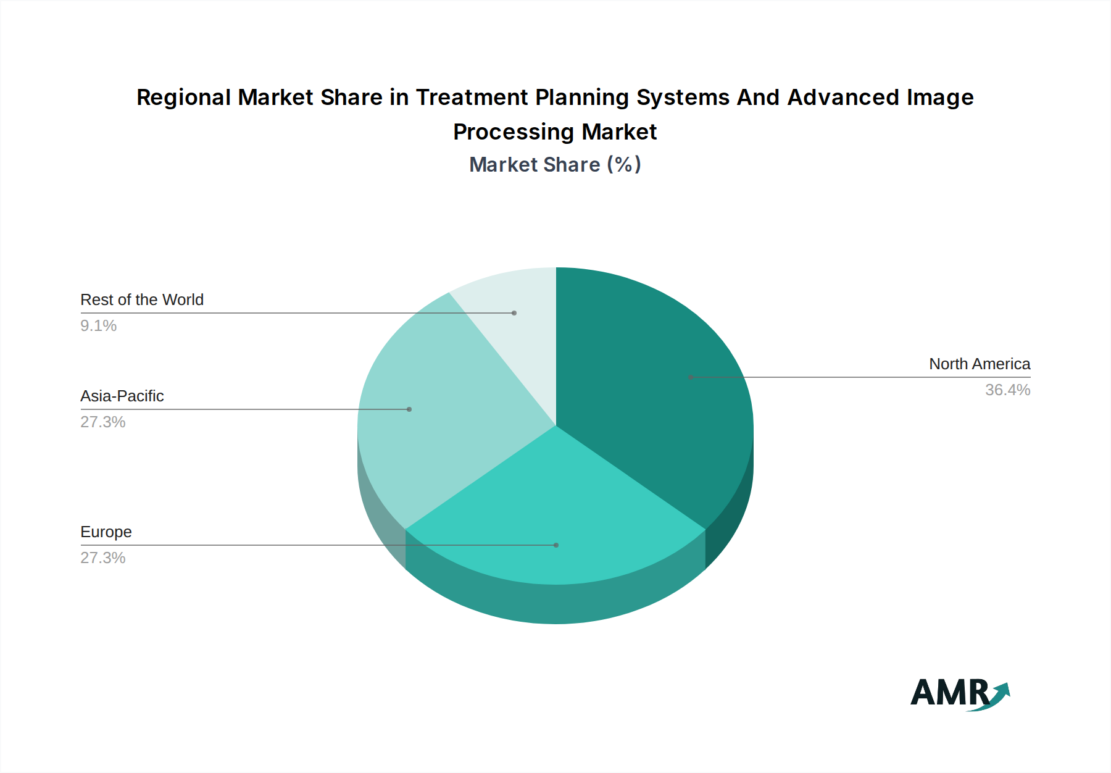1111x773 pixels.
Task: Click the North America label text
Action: [x=980, y=364]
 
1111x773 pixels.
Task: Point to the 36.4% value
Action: [x=1007, y=390]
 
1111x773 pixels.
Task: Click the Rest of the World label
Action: [x=142, y=300]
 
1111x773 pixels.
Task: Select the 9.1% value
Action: [x=99, y=326]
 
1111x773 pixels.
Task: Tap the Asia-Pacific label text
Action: [x=122, y=396]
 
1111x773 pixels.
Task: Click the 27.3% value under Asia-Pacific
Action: [x=103, y=422]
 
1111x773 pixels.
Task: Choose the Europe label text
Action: [x=106, y=532]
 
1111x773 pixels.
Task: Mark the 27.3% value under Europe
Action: [x=103, y=558]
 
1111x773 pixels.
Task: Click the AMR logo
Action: [x=960, y=693]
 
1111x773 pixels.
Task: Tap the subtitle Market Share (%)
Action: [x=555, y=165]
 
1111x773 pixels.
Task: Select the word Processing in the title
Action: [x=514, y=132]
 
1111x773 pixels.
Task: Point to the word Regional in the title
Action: [x=184, y=98]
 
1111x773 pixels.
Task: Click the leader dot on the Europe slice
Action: [x=556, y=545]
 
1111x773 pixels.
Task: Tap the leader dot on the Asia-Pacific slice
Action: [x=409, y=409]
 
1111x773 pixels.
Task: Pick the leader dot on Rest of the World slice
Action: [x=514, y=313]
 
